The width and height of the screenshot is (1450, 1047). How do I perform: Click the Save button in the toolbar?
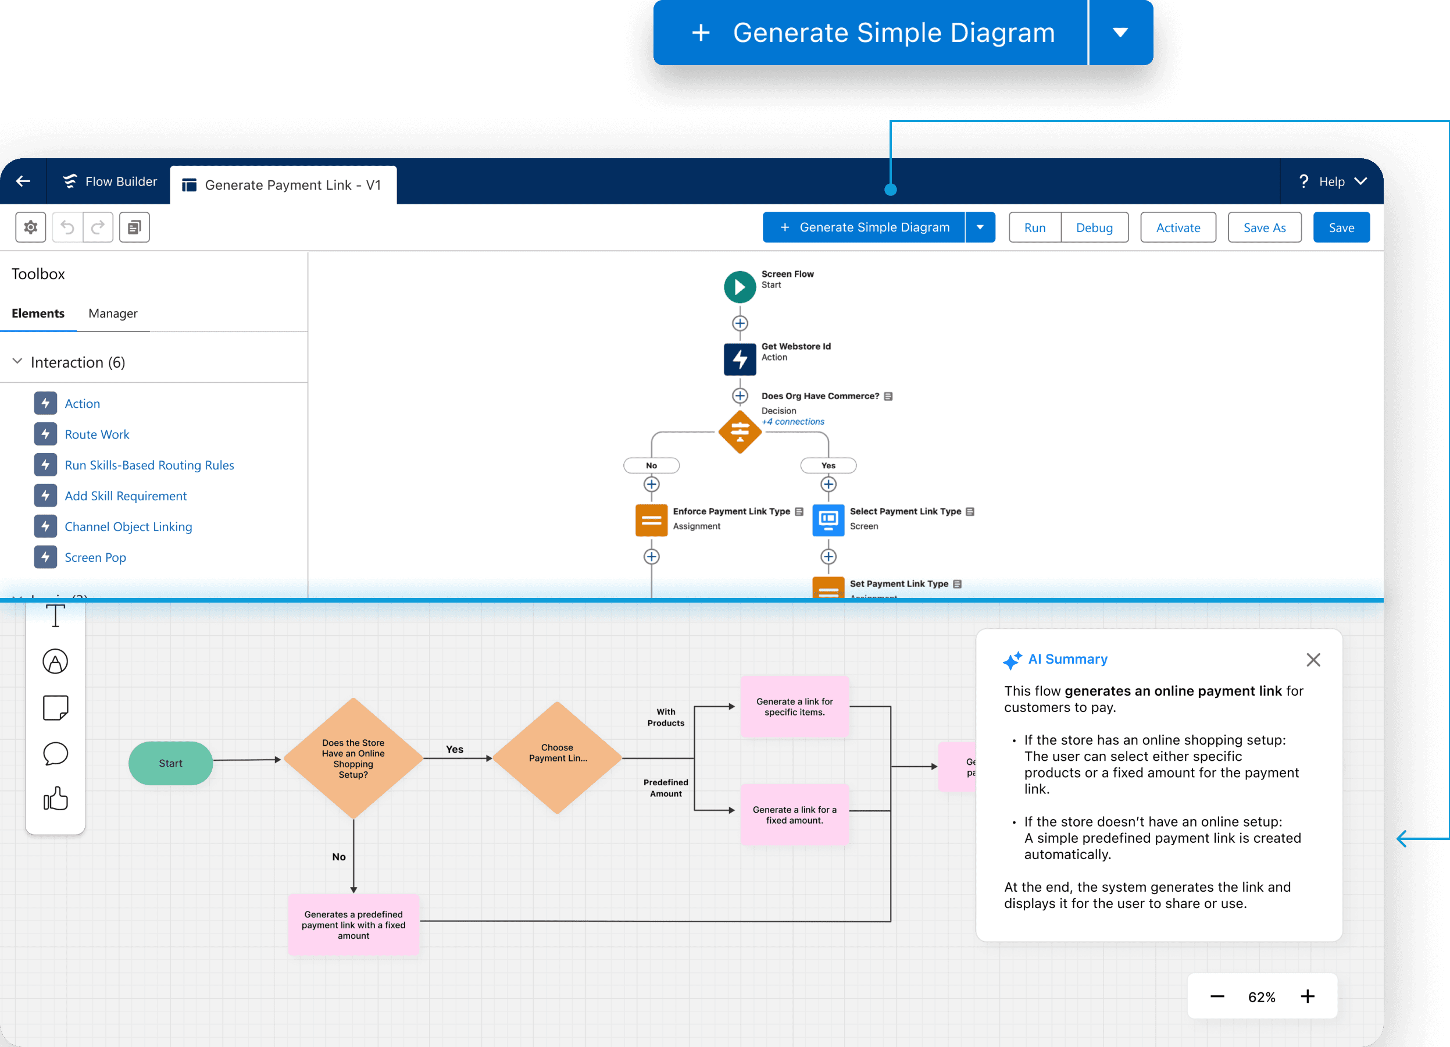(1341, 227)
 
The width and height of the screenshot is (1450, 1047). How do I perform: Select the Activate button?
(1178, 227)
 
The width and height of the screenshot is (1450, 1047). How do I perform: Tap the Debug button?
(1094, 227)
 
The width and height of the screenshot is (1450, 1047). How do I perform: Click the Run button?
(1034, 227)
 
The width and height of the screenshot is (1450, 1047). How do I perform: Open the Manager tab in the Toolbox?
(113, 314)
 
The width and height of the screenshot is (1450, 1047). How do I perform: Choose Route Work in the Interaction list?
(97, 435)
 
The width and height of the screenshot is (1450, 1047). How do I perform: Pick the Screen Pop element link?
(95, 557)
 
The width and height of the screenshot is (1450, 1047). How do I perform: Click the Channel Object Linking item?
(128, 526)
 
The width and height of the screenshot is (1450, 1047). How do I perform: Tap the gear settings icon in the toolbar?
(31, 227)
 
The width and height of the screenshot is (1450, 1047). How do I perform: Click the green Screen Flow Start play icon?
(740, 287)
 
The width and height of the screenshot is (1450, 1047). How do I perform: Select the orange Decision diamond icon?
(740, 432)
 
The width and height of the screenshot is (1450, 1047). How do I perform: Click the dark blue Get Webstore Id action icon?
(740, 359)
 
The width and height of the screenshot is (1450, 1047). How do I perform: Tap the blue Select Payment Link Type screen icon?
(828, 520)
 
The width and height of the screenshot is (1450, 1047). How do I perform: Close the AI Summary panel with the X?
(1313, 660)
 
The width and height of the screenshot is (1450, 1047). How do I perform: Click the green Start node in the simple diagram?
(171, 763)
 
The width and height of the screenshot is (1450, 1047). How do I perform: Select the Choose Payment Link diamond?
(557, 757)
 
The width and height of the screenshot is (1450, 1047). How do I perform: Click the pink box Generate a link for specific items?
(794, 707)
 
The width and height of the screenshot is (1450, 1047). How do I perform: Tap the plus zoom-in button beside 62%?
(1308, 996)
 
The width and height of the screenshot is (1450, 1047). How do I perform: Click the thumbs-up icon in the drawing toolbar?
(56, 798)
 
